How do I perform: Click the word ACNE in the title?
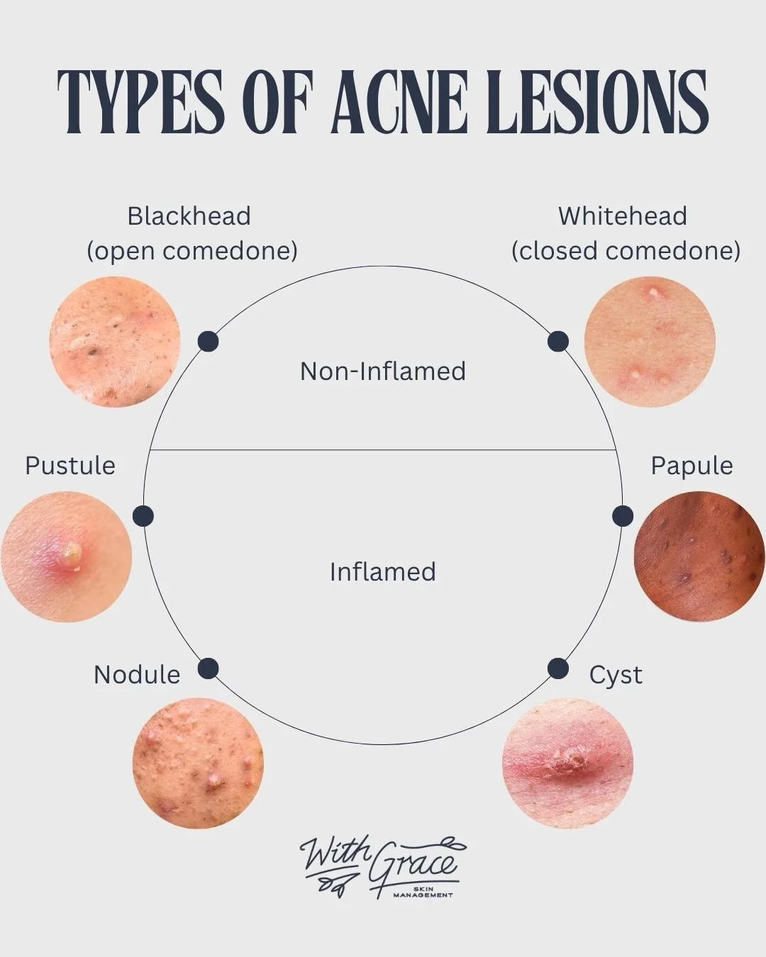[x=399, y=101]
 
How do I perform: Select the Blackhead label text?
[x=189, y=216]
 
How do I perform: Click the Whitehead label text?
[x=623, y=216]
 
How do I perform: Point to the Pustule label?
[x=70, y=466]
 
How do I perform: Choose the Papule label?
[x=692, y=466]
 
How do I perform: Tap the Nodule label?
[x=137, y=675]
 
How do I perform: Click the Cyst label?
[x=616, y=676]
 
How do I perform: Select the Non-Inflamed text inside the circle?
[x=383, y=371]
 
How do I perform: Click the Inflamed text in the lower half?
[x=383, y=572]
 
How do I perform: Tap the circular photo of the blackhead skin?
[x=115, y=342]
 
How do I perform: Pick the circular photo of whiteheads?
[x=650, y=342]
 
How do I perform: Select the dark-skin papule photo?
[x=699, y=556]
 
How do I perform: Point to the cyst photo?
[x=567, y=763]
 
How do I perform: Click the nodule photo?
[x=198, y=763]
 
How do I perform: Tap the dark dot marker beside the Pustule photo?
[x=143, y=516]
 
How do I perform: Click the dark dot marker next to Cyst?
[x=558, y=668]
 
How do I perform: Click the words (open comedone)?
[x=192, y=251]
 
